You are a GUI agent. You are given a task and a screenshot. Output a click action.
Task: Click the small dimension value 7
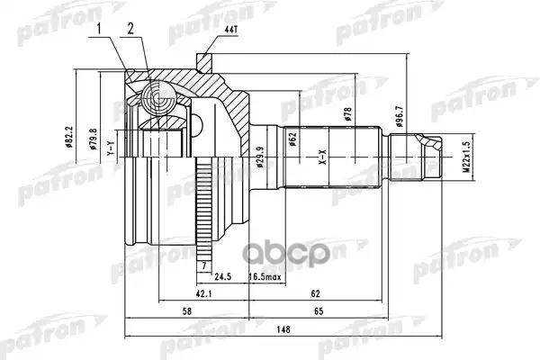(x=205, y=266)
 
